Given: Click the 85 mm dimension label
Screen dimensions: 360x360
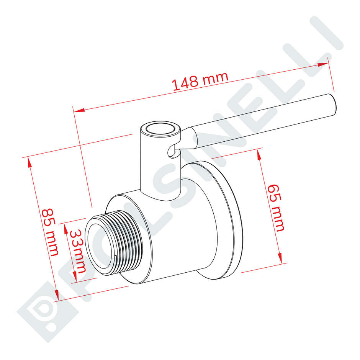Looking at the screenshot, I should (x=50, y=232).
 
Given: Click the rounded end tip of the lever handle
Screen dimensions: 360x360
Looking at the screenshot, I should (x=334, y=104).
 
